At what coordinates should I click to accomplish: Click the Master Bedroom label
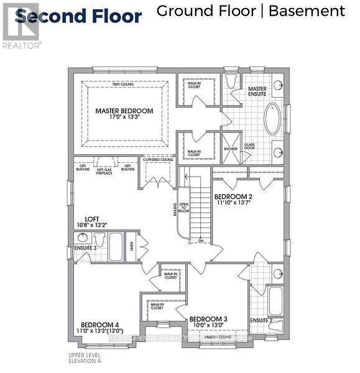(124, 111)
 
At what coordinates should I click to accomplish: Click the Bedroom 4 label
(99, 325)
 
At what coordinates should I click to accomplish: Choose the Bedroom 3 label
(208, 319)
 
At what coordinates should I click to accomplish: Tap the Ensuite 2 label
(262, 321)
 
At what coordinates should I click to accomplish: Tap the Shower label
(231, 149)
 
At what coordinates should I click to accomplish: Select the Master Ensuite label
(257, 92)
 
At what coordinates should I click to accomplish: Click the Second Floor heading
(79, 17)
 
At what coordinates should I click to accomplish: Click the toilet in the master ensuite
(232, 81)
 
